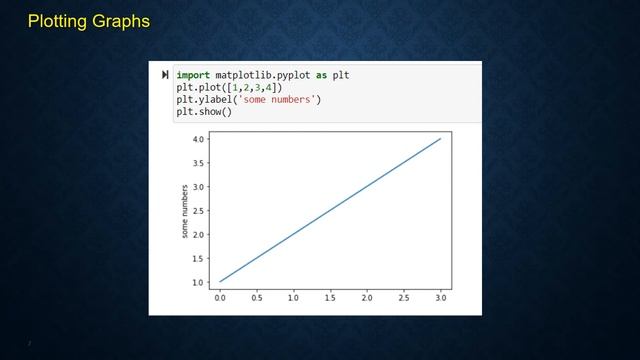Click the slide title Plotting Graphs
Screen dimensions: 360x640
point(89,21)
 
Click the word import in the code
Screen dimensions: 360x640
point(193,75)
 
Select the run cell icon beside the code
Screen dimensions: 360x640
point(165,75)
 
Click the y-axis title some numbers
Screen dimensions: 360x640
point(185,211)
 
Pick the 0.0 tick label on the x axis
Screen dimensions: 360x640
point(220,298)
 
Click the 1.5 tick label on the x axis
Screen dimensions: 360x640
point(330,298)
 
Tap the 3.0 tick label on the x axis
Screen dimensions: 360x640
point(440,298)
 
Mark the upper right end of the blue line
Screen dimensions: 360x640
point(440,139)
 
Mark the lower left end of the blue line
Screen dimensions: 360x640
point(220,282)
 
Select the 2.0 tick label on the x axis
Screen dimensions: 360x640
point(367,298)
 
